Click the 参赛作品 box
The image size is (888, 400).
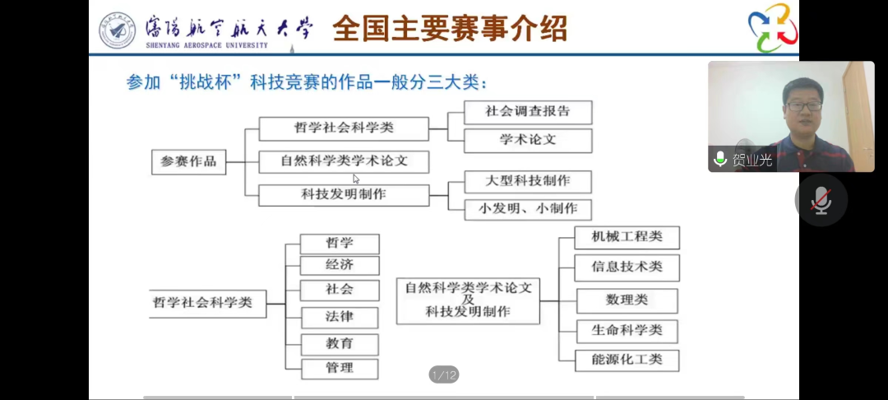pos(188,161)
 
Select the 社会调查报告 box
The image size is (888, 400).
pos(527,111)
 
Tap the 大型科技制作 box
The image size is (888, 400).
pos(527,181)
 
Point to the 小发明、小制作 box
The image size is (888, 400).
pos(527,208)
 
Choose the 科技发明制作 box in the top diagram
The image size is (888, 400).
pos(344,195)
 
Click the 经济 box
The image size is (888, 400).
pos(340,265)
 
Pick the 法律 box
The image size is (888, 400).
pos(340,317)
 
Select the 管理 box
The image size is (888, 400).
pos(340,368)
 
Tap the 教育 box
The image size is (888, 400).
pos(340,343)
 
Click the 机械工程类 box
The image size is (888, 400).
pos(627,238)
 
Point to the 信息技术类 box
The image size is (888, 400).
pos(627,267)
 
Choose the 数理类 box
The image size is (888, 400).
pos(627,300)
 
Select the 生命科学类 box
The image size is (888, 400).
pos(627,331)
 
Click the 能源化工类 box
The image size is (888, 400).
pos(627,360)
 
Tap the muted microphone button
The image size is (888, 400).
pos(821,200)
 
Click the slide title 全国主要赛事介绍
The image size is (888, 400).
pos(450,29)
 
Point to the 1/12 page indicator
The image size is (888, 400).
pos(444,375)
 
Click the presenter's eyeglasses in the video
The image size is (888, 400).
pos(803,106)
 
